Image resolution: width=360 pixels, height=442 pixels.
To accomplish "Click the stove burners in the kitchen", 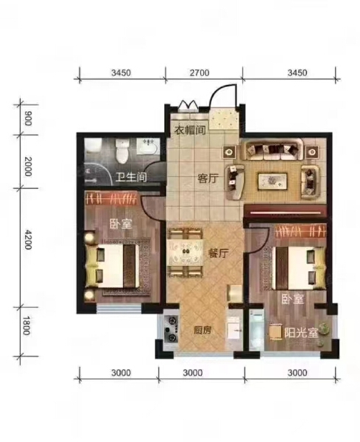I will click(x=174, y=329).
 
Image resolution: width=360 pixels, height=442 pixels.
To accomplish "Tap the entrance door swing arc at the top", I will click(x=224, y=96).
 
